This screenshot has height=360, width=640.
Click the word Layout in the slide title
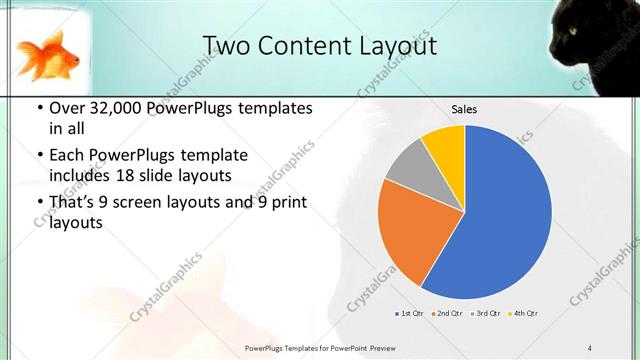click(394, 46)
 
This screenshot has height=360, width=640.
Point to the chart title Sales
click(464, 109)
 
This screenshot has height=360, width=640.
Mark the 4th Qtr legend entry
click(523, 314)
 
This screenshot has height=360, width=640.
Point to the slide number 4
click(589, 347)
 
